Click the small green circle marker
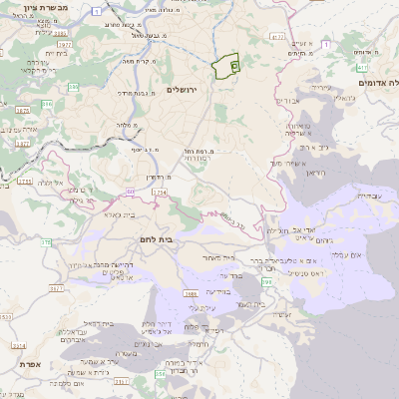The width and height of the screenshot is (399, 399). pyautogui.click(x=233, y=65)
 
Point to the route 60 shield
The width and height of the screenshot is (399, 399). pyautogui.click(x=131, y=187)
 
